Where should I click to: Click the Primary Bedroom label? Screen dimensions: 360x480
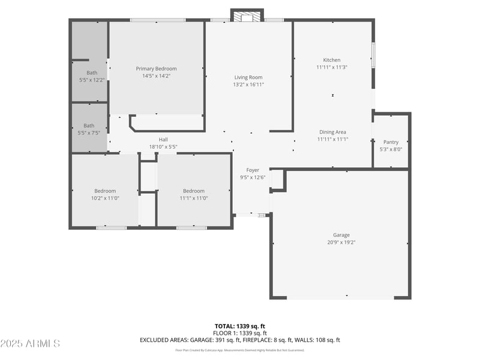pyautogui.click(x=156, y=69)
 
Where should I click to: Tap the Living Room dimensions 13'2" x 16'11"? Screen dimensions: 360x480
pyautogui.click(x=248, y=85)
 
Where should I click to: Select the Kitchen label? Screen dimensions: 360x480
pyautogui.click(x=332, y=60)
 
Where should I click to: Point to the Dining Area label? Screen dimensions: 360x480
pyautogui.click(x=332, y=132)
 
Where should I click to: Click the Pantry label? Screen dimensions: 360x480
pyautogui.click(x=391, y=142)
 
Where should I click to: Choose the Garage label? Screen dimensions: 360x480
pyautogui.click(x=341, y=235)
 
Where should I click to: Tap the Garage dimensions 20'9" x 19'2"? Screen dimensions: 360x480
pyautogui.click(x=341, y=242)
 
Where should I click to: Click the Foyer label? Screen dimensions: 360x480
pyautogui.click(x=253, y=170)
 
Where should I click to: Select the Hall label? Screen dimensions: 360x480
pyautogui.click(x=163, y=139)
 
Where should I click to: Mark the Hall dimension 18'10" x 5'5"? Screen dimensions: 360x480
pyautogui.click(x=163, y=147)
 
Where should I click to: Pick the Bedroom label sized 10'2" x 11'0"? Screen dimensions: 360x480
pyautogui.click(x=105, y=191)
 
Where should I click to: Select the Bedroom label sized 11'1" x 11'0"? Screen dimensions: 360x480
pyautogui.click(x=194, y=191)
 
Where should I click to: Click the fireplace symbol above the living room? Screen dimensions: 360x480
pyautogui.click(x=247, y=17)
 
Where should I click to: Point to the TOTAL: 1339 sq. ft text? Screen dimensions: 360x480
pyautogui.click(x=240, y=326)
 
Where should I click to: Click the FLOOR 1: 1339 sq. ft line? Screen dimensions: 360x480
pyautogui.click(x=240, y=333)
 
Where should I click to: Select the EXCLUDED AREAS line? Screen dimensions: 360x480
pyautogui.click(x=240, y=340)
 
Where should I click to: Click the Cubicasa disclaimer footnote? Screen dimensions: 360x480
pyautogui.click(x=240, y=350)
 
